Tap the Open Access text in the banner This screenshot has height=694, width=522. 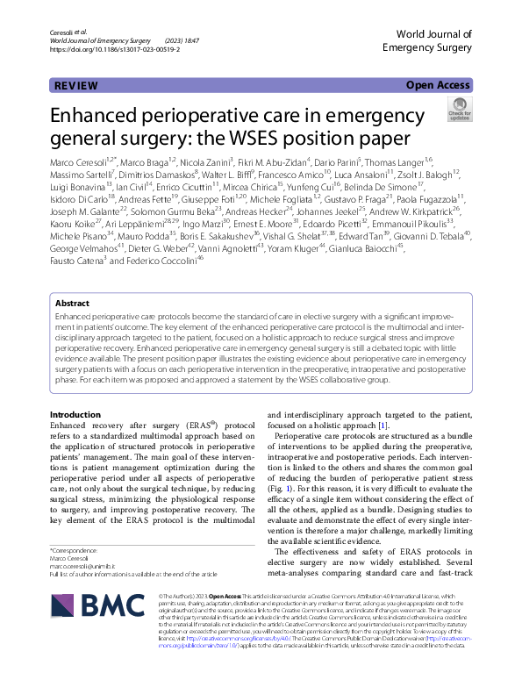click(438, 86)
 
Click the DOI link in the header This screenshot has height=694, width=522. click(116, 51)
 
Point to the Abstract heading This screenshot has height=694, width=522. click(72, 303)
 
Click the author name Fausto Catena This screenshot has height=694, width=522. click(77, 285)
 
